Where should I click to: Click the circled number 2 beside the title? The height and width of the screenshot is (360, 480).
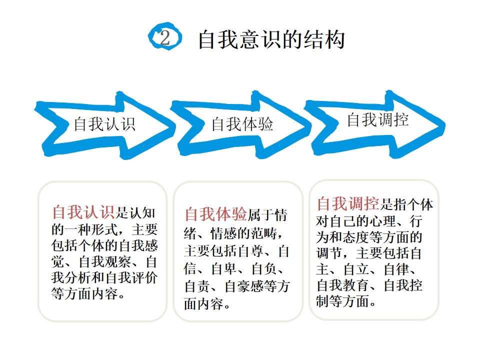(x=165, y=36)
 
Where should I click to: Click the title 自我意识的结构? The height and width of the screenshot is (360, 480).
(x=271, y=40)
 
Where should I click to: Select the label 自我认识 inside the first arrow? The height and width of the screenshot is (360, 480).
(x=104, y=124)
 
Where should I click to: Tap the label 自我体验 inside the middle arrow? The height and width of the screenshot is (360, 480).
(x=242, y=124)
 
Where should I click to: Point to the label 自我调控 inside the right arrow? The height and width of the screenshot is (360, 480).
(x=378, y=119)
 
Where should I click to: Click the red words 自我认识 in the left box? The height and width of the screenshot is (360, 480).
(x=83, y=212)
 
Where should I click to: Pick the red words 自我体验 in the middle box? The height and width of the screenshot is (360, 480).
(x=216, y=214)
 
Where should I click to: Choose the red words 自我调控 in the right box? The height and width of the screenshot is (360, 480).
(x=348, y=203)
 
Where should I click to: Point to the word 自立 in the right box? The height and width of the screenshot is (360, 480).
(x=356, y=269)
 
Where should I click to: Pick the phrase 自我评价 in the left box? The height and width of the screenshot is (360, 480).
(x=132, y=277)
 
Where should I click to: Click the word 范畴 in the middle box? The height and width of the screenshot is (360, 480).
(x=264, y=233)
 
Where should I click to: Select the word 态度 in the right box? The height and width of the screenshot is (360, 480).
(x=356, y=237)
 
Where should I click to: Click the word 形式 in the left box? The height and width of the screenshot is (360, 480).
(x=105, y=229)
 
